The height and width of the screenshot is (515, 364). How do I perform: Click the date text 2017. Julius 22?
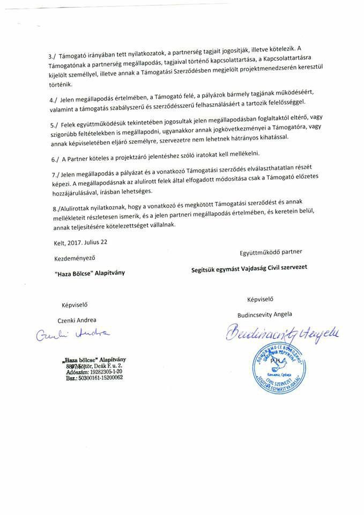(x=87, y=242)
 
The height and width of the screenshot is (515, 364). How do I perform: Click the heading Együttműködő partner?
(x=271, y=251)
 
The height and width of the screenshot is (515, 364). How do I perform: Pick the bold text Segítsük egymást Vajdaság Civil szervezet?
(x=249, y=267)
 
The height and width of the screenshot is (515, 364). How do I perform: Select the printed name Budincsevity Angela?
(x=264, y=314)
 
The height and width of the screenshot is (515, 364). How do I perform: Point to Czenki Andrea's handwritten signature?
(x=73, y=335)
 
